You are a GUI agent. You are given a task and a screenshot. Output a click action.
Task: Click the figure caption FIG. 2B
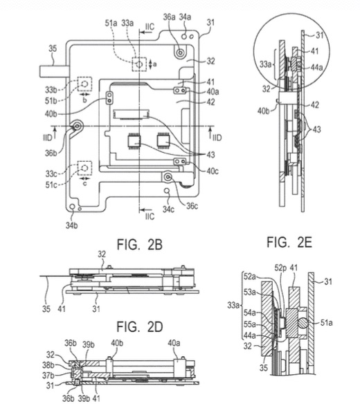point(140,245)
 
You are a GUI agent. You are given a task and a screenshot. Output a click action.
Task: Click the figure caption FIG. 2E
point(289,242)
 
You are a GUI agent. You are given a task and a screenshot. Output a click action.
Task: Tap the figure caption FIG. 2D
point(140,326)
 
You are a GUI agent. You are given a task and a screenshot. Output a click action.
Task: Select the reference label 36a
point(170,17)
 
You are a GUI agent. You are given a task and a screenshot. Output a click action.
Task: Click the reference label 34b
point(71,225)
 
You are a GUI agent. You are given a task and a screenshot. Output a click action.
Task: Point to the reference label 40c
point(213,171)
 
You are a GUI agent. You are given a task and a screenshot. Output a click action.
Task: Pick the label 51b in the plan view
point(51,101)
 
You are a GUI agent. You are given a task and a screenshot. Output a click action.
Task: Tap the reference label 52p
point(281,268)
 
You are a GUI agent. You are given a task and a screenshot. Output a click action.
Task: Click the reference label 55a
point(250,324)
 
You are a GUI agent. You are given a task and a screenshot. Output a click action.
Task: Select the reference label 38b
point(48,365)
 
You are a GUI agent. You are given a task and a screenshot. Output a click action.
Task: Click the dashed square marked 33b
point(84,84)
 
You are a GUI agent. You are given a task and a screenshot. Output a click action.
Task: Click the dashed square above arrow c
point(84,168)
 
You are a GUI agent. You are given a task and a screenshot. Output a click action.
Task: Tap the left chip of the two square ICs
point(135,141)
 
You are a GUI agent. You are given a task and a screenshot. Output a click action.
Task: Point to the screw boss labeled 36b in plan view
point(78,126)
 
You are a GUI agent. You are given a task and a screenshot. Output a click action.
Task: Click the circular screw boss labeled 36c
point(168,177)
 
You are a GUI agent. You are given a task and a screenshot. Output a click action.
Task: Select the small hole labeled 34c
point(167,191)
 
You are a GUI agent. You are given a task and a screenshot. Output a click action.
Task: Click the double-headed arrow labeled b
point(84,95)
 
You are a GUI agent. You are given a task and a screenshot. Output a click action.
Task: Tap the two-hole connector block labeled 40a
point(180,91)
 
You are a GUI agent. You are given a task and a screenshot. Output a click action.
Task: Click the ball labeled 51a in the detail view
point(303,323)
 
